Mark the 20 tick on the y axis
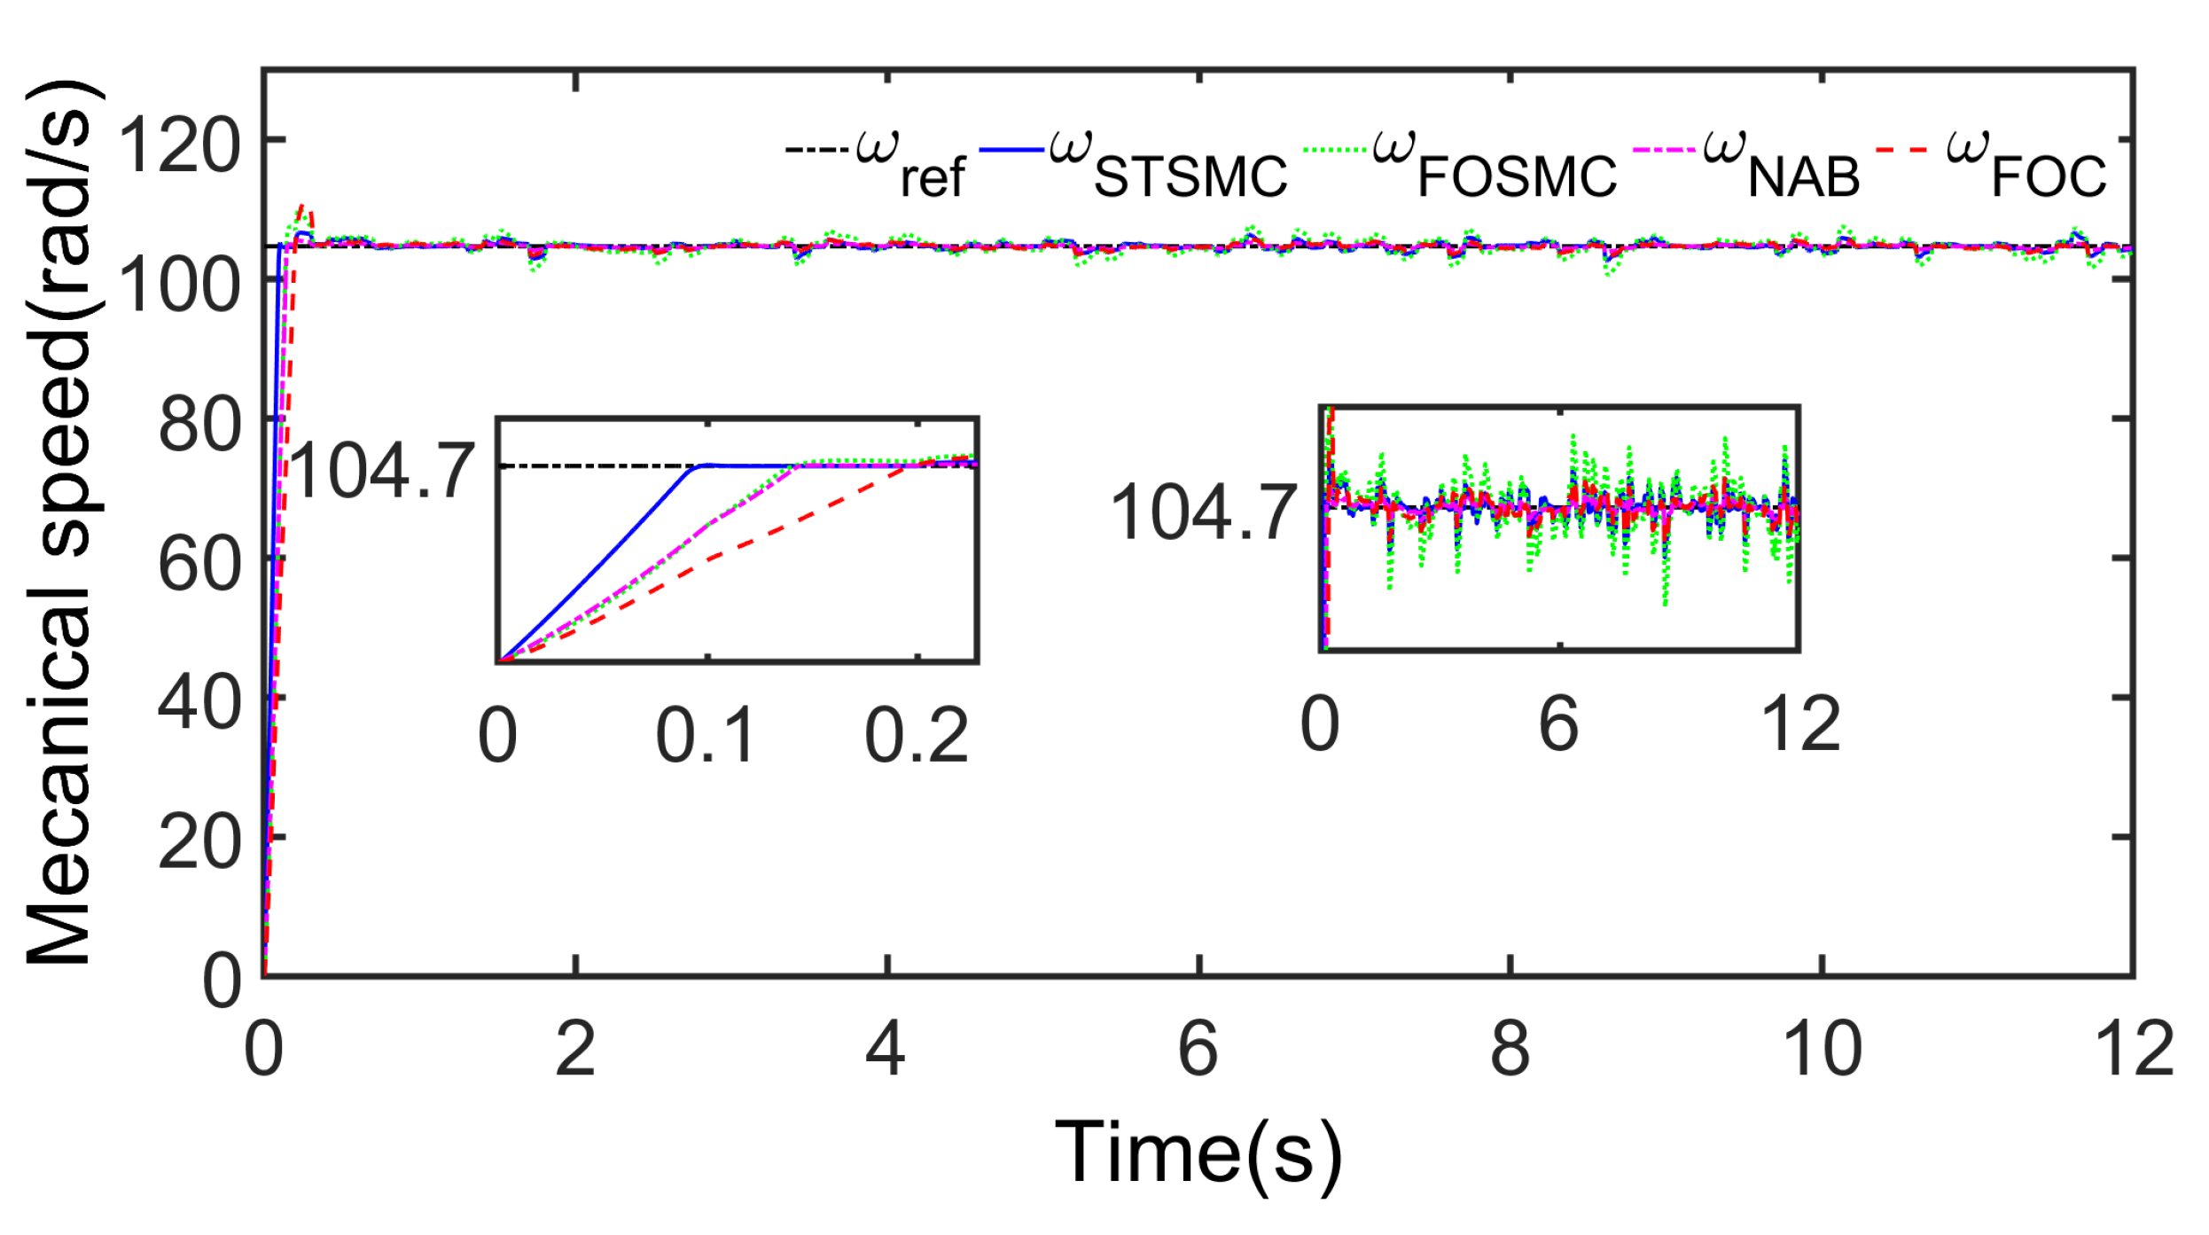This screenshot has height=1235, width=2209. coord(199,842)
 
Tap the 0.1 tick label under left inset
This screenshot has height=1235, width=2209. coord(706,736)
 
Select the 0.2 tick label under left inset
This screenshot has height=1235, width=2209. coord(917,736)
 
